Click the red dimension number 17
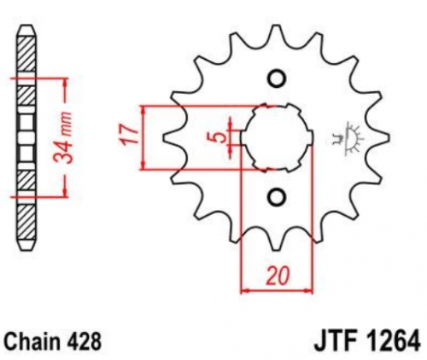coord(129,135)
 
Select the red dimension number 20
coord(278,276)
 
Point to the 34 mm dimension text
coord(63,138)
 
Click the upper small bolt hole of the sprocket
coord(277,78)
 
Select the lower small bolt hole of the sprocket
coord(277,197)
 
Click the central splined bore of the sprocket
coord(277,137)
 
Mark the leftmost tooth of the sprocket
coord(171,137)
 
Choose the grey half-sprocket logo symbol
coord(348,139)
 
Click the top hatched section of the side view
coord(27,54)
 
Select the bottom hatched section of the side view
coord(27,223)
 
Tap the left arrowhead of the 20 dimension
coord(245,291)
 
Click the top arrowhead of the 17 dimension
coord(143,110)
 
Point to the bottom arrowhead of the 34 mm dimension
coord(66,192)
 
